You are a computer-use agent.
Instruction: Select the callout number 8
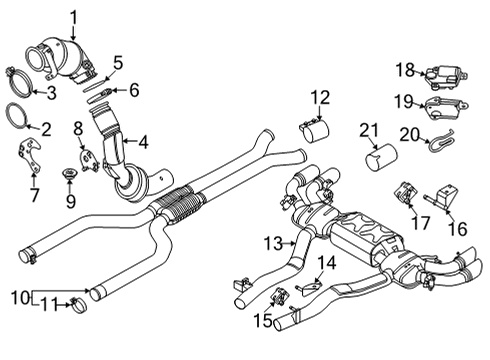[79, 129]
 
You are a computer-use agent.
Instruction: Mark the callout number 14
[324, 262]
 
